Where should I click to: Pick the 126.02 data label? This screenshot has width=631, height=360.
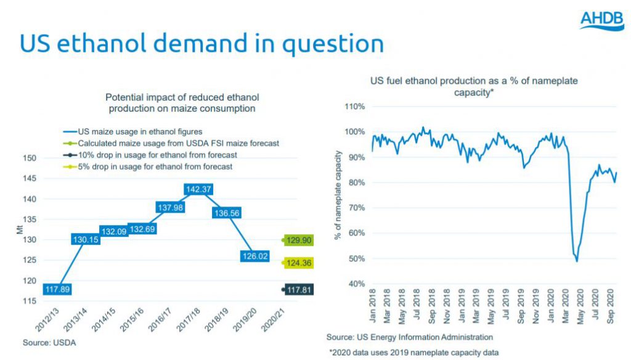254,256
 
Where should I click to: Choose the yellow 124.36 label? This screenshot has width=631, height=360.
299,263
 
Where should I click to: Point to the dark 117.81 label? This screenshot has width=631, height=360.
299,289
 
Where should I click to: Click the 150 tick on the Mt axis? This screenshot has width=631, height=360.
48,158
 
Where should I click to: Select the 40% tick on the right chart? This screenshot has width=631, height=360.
356,284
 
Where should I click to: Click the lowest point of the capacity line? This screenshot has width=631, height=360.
577,261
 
